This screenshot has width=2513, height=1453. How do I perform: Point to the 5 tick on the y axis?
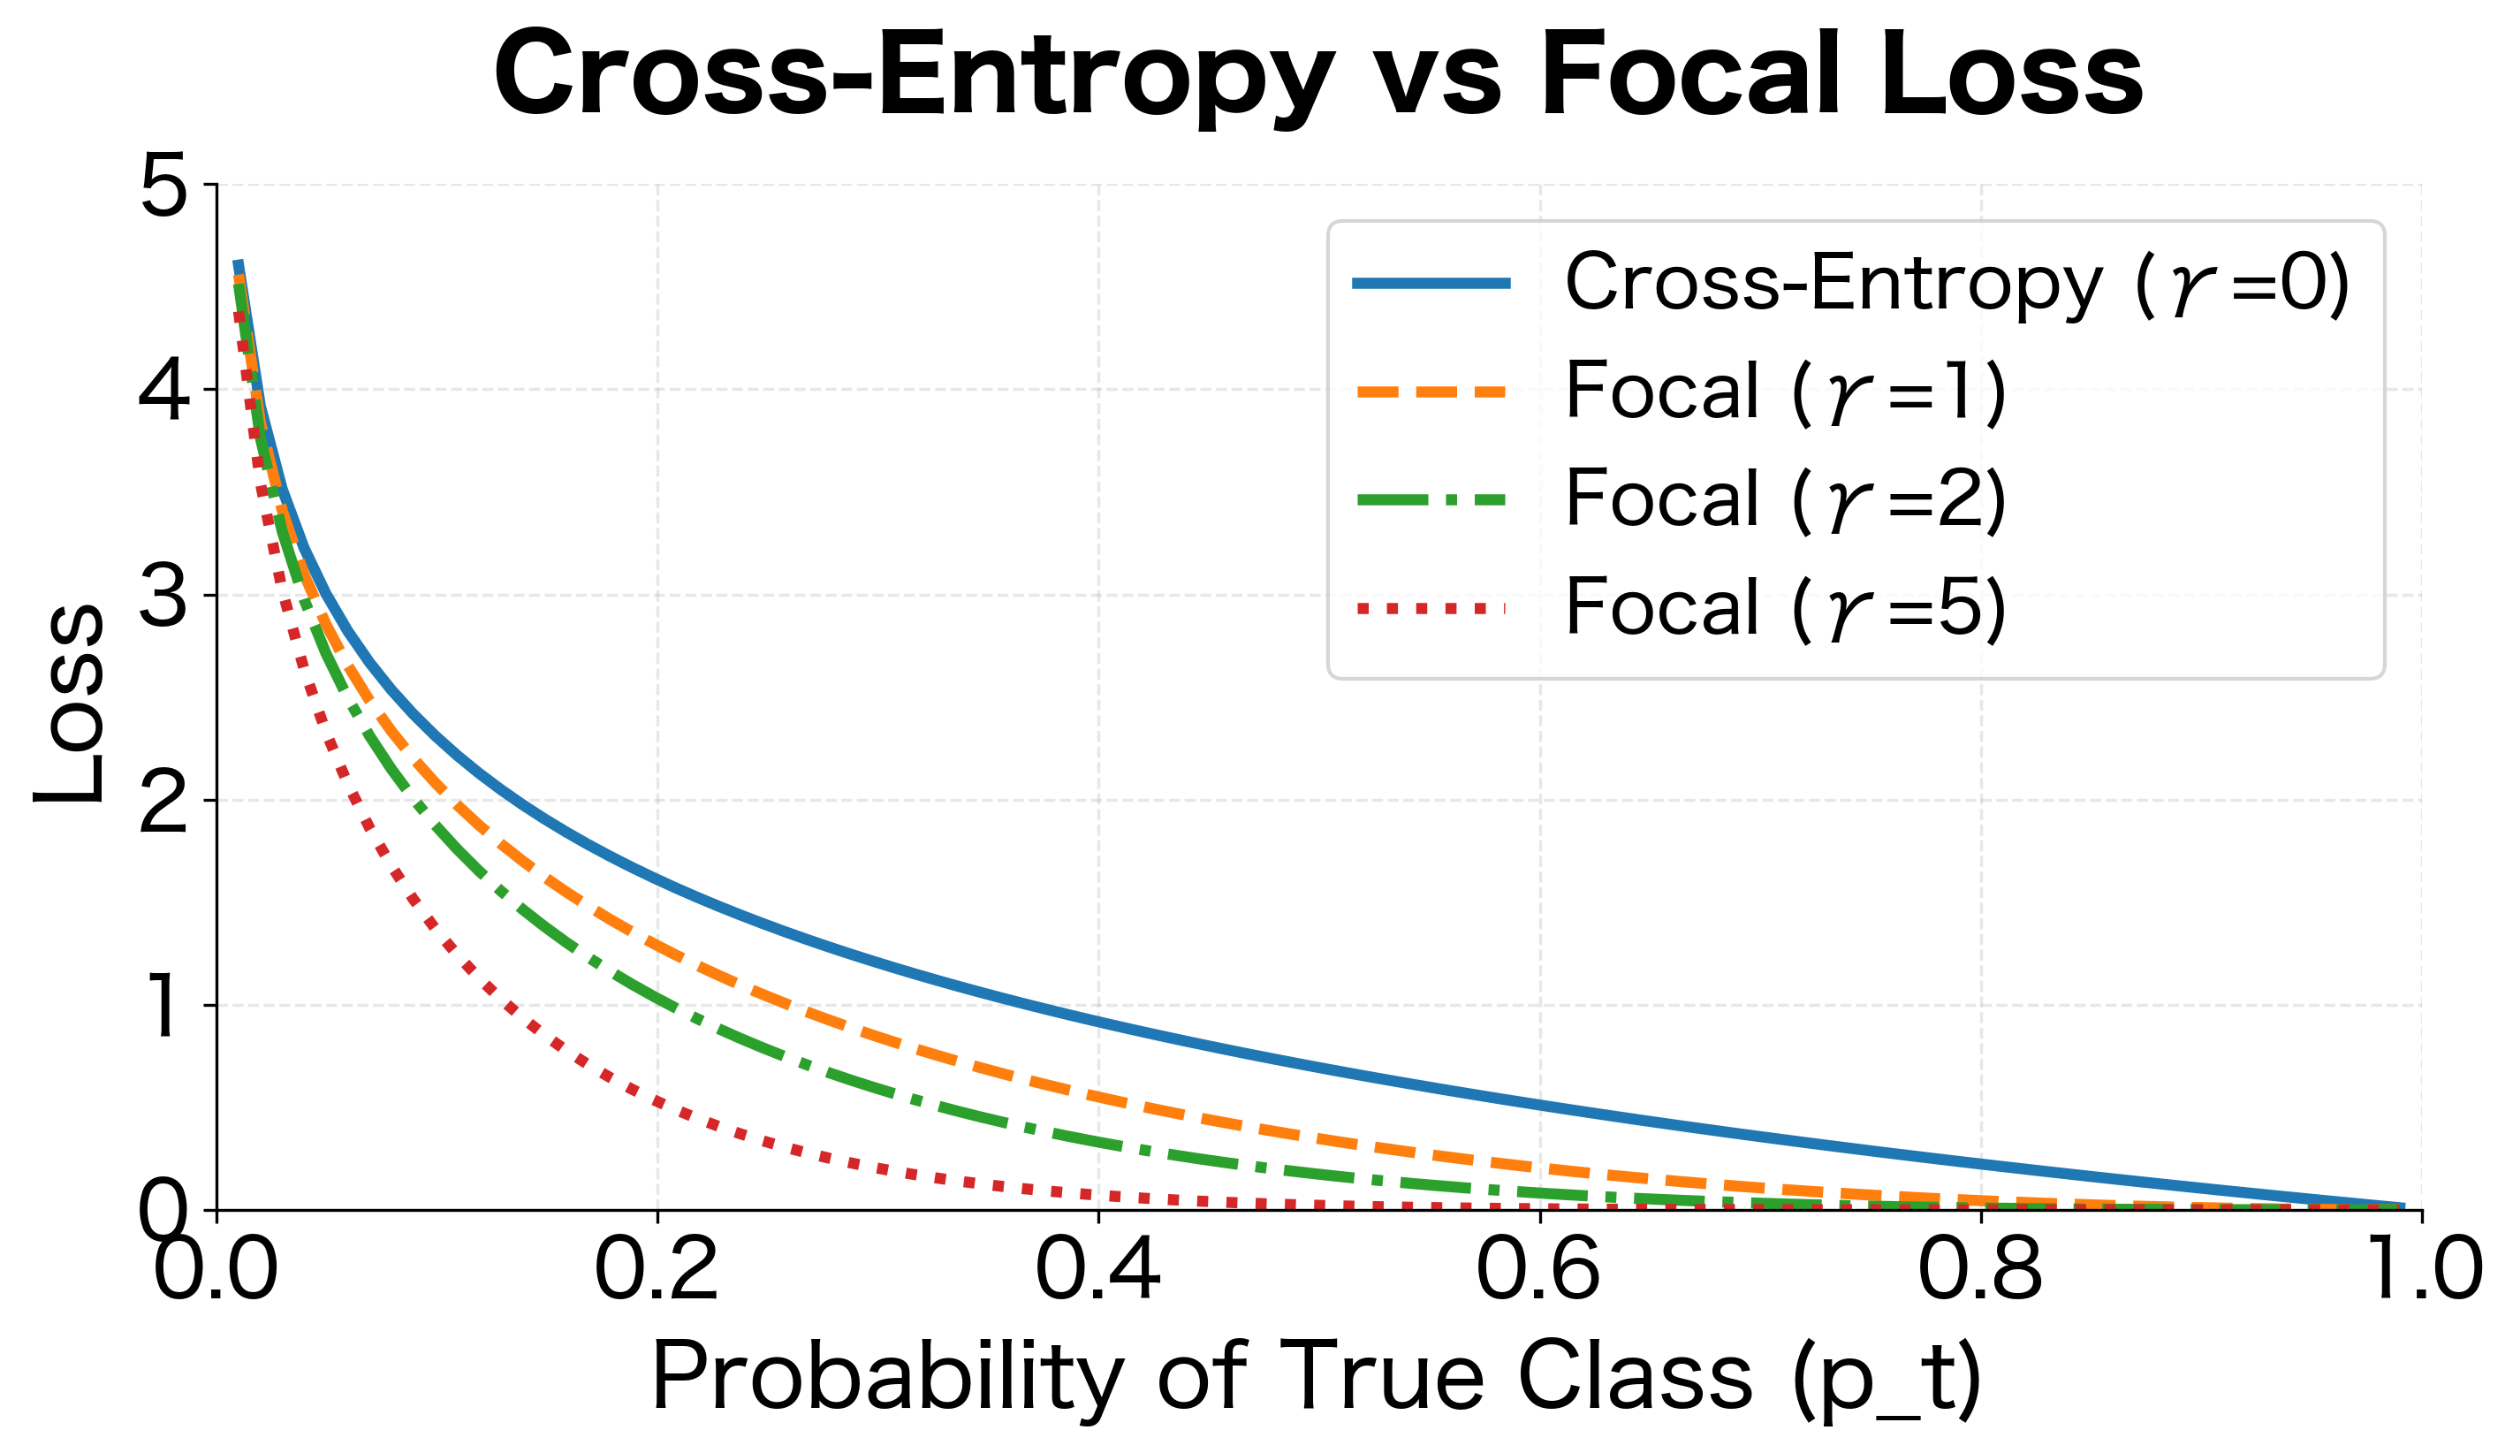point(163,186)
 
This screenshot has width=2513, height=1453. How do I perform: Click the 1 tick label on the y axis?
point(163,1008)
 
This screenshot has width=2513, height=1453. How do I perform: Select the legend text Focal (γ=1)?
point(1785,391)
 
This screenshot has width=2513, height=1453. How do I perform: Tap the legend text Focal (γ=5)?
point(1785,607)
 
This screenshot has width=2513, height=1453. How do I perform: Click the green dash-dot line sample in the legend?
point(1431,499)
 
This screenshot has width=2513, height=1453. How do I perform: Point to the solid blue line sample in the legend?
point(1431,283)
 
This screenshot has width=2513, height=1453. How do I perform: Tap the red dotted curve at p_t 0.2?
point(657,1102)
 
